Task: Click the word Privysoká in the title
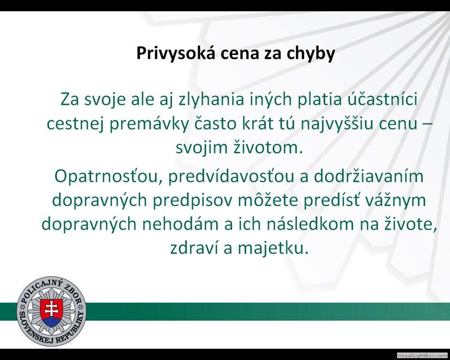pos(176,53)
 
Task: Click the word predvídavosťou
pos(231,176)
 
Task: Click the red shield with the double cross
pos(52,312)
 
